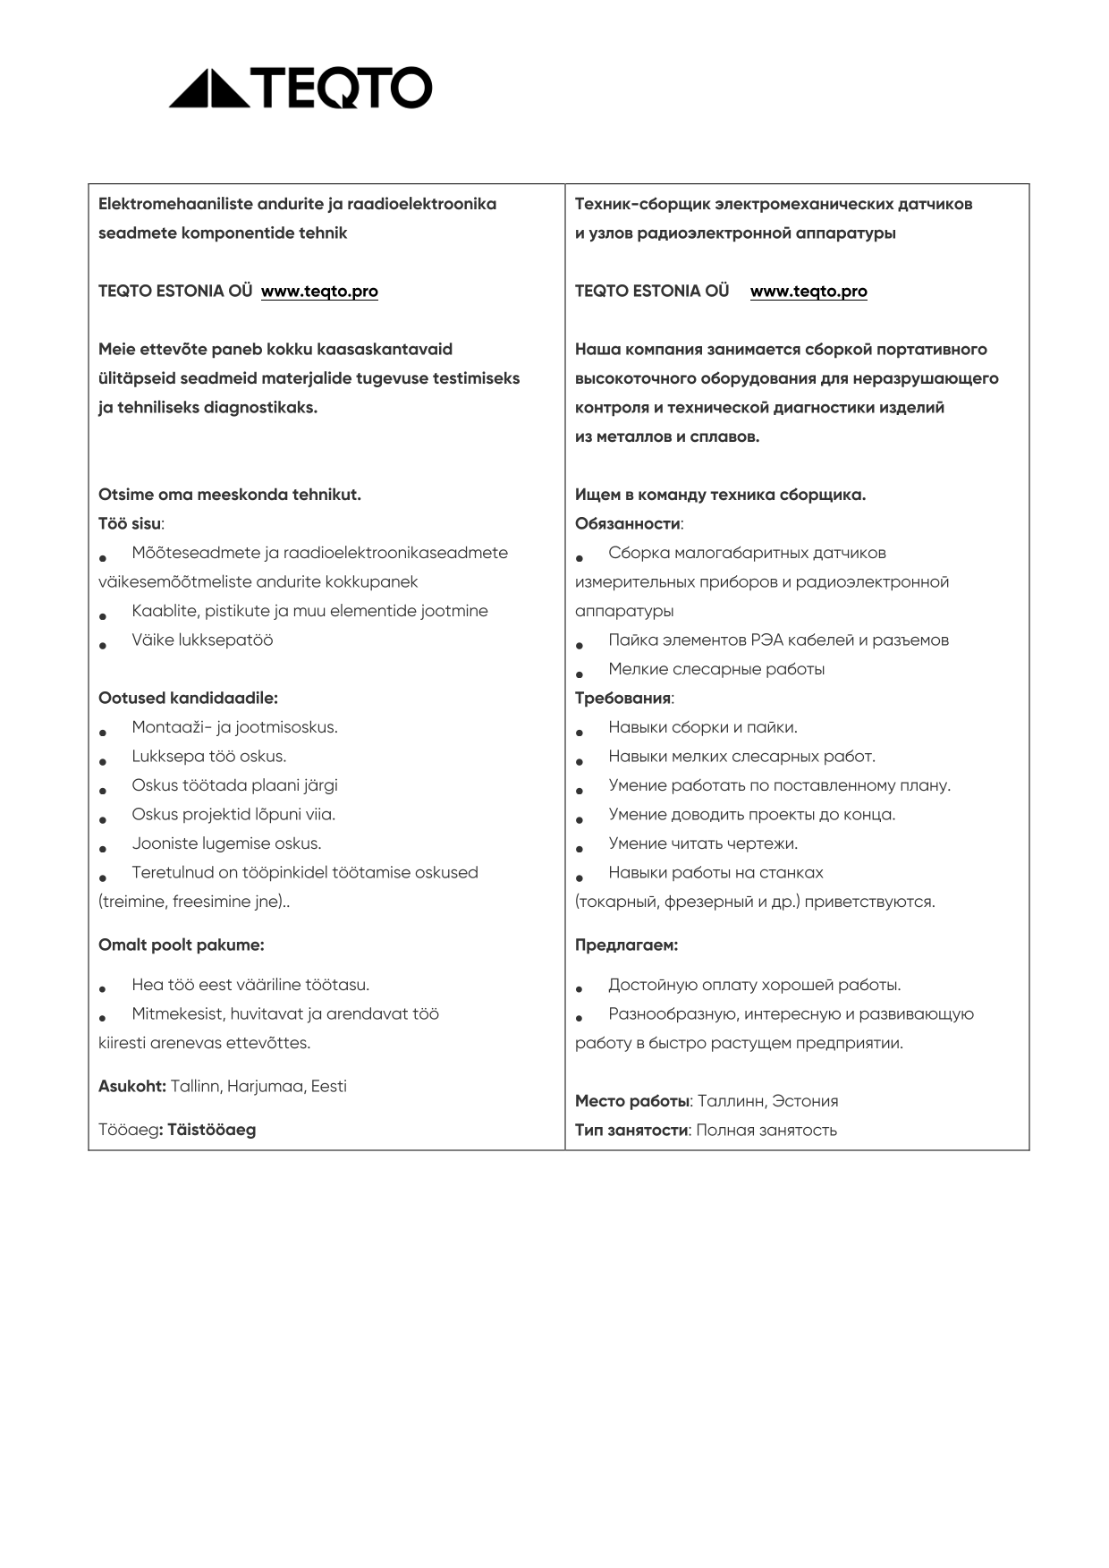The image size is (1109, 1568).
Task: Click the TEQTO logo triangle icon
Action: [208, 89]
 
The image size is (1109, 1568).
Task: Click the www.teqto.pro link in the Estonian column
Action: [319, 292]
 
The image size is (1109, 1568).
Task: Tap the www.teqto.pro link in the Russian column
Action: [808, 292]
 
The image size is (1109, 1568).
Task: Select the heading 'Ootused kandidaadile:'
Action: [188, 699]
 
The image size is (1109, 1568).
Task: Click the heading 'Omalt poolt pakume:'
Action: [181, 945]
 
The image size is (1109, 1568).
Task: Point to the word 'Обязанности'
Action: [628, 524]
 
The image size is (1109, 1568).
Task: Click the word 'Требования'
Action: [622, 699]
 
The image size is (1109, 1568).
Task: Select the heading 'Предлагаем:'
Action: [626, 945]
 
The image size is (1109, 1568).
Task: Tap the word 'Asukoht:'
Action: [132, 1087]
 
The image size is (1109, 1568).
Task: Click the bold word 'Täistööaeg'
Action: [211, 1130]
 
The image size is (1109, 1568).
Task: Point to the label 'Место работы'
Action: [632, 1101]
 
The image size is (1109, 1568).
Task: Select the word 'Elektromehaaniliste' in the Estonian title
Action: [175, 204]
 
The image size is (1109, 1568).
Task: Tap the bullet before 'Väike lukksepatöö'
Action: [104, 644]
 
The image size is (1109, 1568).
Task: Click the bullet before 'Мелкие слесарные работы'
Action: [580, 673]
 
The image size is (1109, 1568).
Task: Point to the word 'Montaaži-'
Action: [172, 727]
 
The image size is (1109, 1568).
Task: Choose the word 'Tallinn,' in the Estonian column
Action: [196, 1087]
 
